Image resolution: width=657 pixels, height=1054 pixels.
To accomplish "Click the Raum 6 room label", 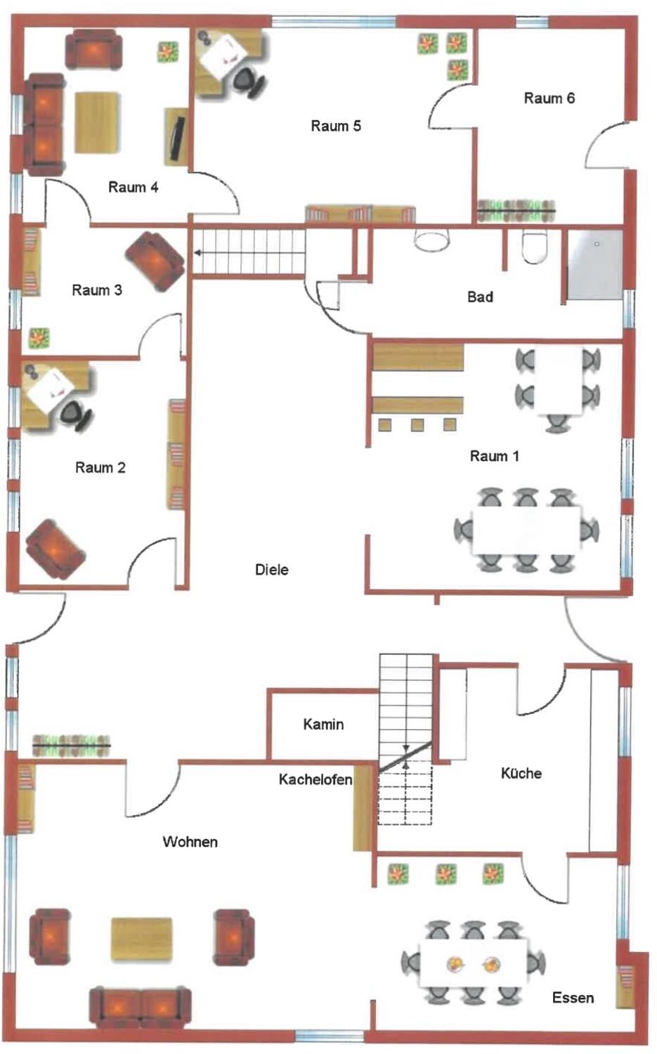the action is [x=549, y=98].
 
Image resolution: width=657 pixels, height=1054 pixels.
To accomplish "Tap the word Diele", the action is [x=271, y=570].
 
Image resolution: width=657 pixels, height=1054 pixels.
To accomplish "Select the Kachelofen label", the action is [x=316, y=780].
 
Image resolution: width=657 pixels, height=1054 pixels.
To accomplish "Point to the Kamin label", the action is [x=323, y=724].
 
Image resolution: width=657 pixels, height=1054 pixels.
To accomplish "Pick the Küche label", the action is [x=521, y=773].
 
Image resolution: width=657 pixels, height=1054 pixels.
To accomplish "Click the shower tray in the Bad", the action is [x=595, y=264].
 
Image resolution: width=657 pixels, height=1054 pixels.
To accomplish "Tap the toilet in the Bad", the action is [x=535, y=246].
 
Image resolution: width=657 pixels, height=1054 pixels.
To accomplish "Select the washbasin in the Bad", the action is [x=431, y=239].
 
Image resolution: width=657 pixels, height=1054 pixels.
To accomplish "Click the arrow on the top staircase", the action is [x=250, y=253].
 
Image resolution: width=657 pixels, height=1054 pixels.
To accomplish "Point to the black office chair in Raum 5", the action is [x=248, y=81].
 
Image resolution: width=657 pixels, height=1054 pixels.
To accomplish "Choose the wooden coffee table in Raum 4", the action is [x=96, y=122].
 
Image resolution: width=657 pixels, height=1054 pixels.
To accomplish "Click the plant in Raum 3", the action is [x=39, y=338].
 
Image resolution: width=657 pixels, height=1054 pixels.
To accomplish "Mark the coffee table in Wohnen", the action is [x=142, y=939].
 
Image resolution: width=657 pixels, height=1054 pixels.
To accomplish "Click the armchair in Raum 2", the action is [x=56, y=549].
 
